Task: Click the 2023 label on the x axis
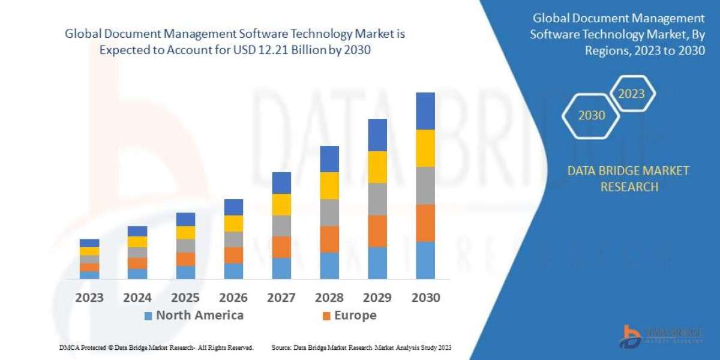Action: [x=89, y=298]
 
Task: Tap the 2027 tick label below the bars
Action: [x=281, y=298]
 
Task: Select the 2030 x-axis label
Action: [x=425, y=298]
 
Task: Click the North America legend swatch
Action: [x=148, y=316]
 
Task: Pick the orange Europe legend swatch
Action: [x=326, y=316]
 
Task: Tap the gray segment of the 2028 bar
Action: [x=329, y=212]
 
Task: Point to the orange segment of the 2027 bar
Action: [x=281, y=247]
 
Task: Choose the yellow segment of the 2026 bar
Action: [x=233, y=223]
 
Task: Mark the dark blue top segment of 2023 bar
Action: [x=89, y=243]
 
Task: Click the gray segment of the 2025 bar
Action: [x=185, y=245]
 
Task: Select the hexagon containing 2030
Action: [x=592, y=115]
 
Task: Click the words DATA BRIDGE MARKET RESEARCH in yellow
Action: [x=628, y=179]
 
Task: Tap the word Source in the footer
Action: [x=281, y=347]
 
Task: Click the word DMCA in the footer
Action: [x=70, y=347]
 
